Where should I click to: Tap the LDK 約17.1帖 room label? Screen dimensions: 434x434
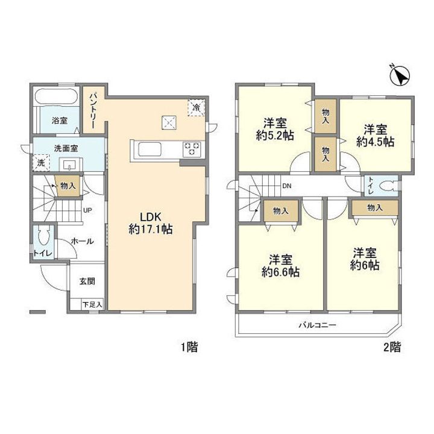[x=151, y=223]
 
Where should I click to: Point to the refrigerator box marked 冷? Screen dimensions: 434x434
[x=197, y=107]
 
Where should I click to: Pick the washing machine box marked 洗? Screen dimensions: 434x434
[x=41, y=163]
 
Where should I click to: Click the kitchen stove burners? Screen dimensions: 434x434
[x=192, y=149]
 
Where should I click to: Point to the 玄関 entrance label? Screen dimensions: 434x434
[x=87, y=281]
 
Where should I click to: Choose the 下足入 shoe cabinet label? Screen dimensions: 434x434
[x=92, y=305]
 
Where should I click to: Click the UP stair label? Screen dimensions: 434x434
[x=87, y=210]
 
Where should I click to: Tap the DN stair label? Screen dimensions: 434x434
[x=287, y=186]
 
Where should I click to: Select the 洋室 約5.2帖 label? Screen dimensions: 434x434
[x=275, y=129]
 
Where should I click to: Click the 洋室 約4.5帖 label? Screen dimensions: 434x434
[x=376, y=136]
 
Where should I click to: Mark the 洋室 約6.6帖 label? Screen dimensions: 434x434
[x=281, y=266]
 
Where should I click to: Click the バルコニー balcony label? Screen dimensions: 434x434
[x=317, y=325]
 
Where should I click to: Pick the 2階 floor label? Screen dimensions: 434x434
[x=392, y=347]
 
